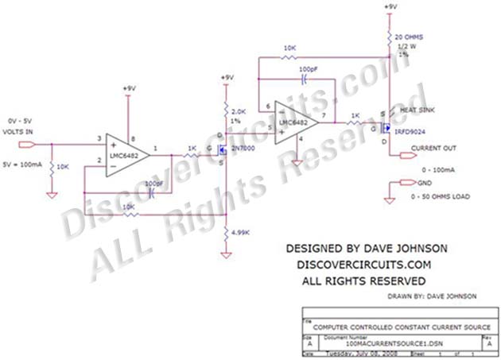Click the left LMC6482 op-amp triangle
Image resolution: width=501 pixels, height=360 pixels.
click(127, 156)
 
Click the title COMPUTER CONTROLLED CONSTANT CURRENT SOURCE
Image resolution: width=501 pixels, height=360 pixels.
click(402, 327)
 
